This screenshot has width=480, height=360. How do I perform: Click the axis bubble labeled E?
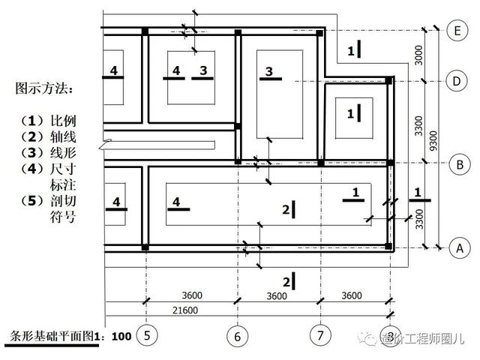point(456,31)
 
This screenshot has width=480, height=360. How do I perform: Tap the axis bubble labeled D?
point(456,80)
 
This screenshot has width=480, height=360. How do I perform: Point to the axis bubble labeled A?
point(456,247)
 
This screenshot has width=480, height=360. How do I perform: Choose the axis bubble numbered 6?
point(237,335)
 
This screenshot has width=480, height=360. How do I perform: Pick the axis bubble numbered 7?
point(320,335)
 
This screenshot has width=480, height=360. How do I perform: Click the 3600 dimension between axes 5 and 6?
point(193,295)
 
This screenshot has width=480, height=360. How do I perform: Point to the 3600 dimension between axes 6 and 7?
point(277,295)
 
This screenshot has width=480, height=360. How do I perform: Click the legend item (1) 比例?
point(49,121)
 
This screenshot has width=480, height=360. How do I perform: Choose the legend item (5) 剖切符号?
point(49,210)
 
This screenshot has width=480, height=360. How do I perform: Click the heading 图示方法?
point(44,89)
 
